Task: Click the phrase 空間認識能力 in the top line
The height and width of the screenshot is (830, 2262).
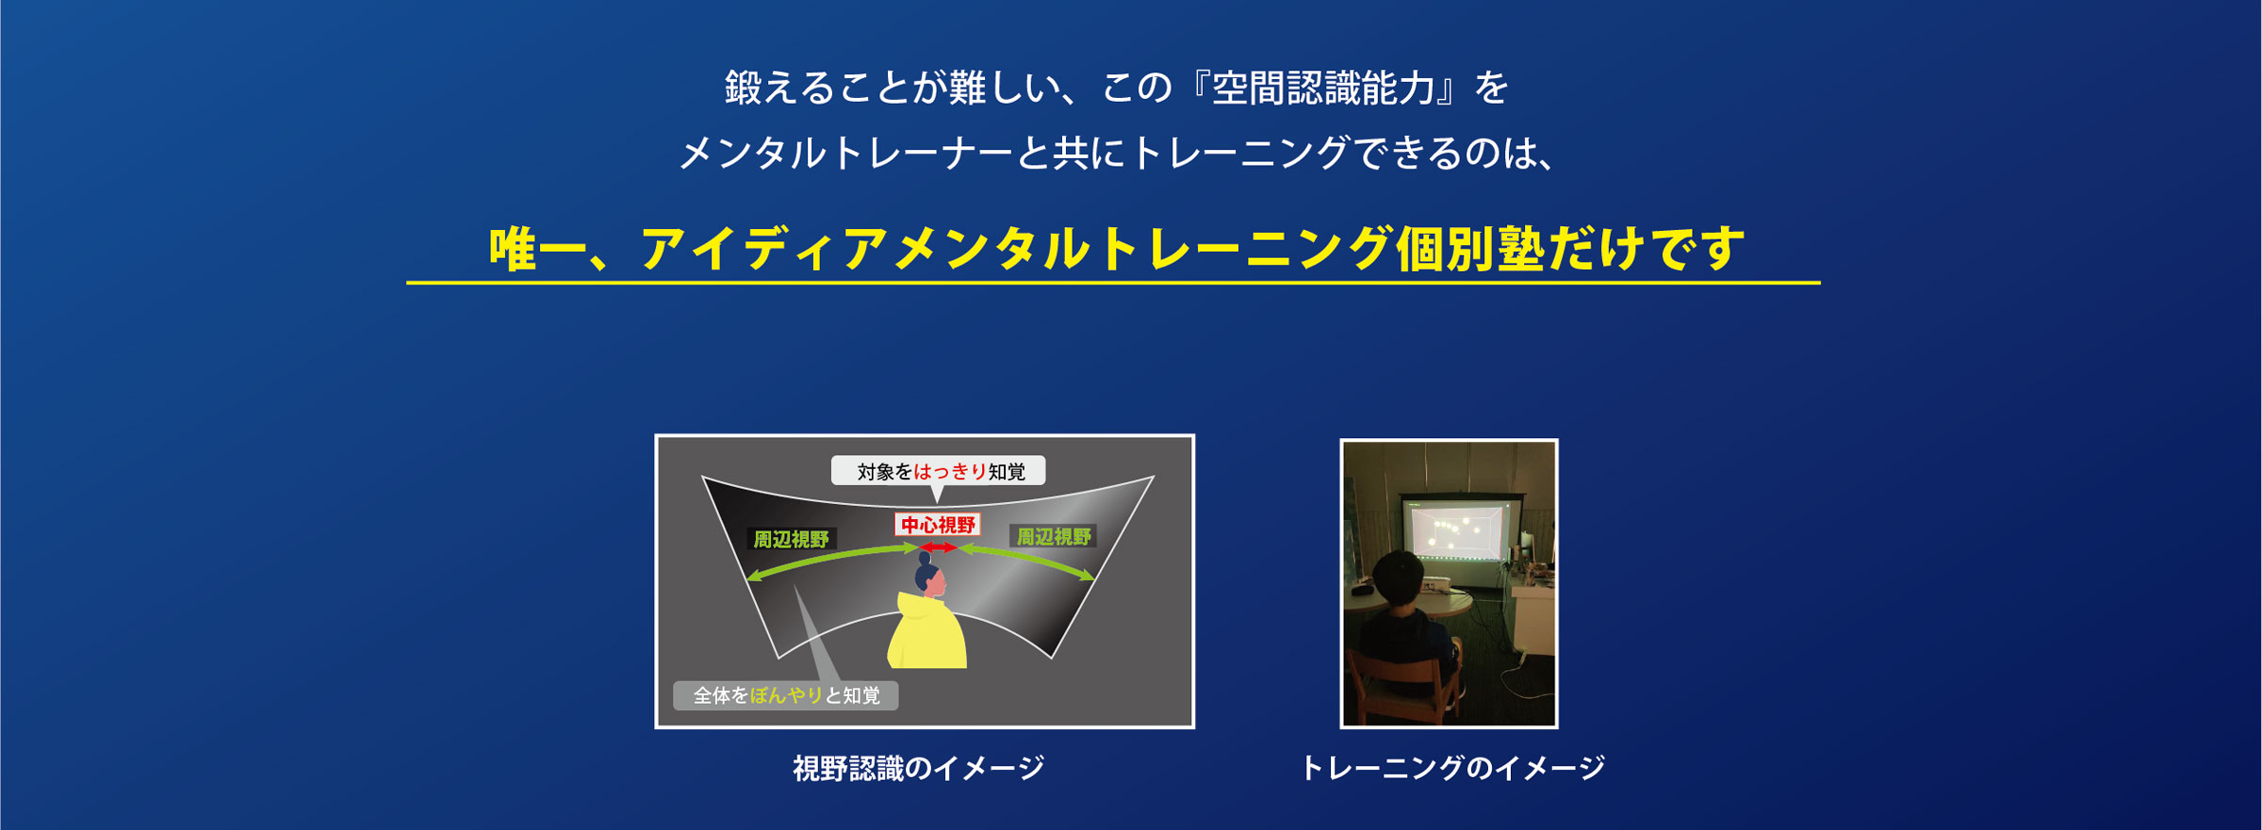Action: [1323, 89]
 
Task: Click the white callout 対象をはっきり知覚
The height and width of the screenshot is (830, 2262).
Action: [939, 471]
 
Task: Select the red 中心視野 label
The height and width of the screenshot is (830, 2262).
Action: [937, 525]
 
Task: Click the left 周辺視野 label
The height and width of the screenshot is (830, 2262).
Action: [790, 539]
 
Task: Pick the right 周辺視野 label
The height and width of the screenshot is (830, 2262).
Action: [1053, 537]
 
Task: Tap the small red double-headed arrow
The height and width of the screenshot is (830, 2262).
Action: [938, 547]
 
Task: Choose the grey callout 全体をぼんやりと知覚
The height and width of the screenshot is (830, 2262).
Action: [785, 695]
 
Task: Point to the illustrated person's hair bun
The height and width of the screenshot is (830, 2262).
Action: [925, 558]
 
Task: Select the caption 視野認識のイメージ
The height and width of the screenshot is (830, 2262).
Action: [918, 769]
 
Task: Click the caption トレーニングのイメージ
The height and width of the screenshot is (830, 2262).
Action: [1451, 769]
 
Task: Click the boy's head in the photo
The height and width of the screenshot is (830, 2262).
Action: [1398, 580]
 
